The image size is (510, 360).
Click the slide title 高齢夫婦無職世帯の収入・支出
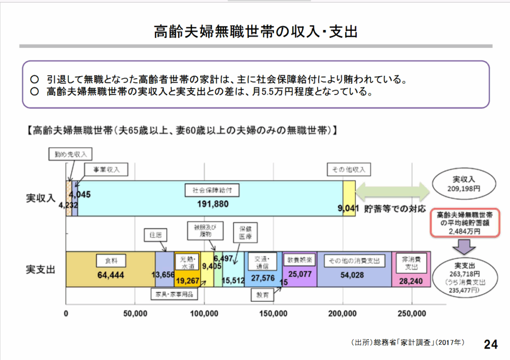point(255,31)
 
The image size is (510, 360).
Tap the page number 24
point(491,344)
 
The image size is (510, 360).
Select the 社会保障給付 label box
point(212,190)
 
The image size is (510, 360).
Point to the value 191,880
point(213,204)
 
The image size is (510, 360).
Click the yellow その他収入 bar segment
point(349,198)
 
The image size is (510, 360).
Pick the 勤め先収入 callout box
point(70,154)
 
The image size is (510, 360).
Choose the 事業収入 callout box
point(106,169)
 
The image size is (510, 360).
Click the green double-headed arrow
point(392,192)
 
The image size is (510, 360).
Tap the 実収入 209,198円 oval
point(464,184)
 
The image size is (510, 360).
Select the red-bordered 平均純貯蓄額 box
point(465,223)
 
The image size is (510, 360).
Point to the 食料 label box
point(111,261)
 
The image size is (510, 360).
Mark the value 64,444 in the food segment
point(111,275)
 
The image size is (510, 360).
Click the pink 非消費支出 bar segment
point(411,269)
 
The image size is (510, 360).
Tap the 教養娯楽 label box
point(299,260)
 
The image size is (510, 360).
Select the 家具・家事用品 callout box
point(174,294)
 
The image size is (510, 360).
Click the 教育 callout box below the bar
point(262,295)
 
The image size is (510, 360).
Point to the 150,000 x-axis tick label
point(273,314)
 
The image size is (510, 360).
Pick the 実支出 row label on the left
point(41,269)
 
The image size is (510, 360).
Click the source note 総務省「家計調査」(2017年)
point(408,342)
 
